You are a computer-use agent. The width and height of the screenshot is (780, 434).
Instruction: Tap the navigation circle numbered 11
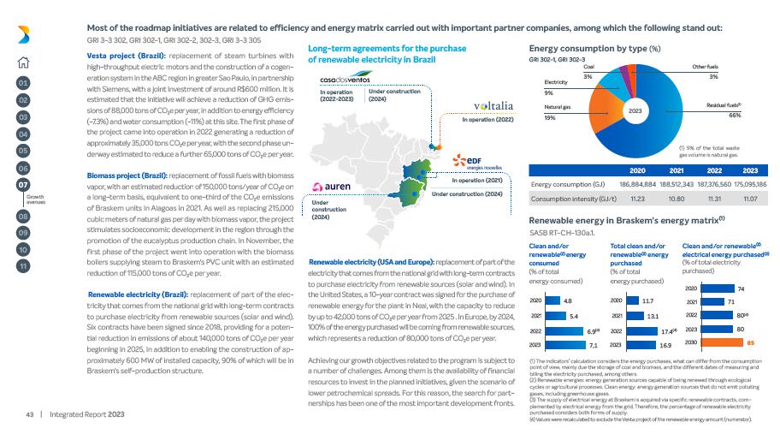pyautogui.click(x=23, y=265)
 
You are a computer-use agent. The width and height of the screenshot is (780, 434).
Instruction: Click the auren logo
pyautogui.click(x=330, y=186)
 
